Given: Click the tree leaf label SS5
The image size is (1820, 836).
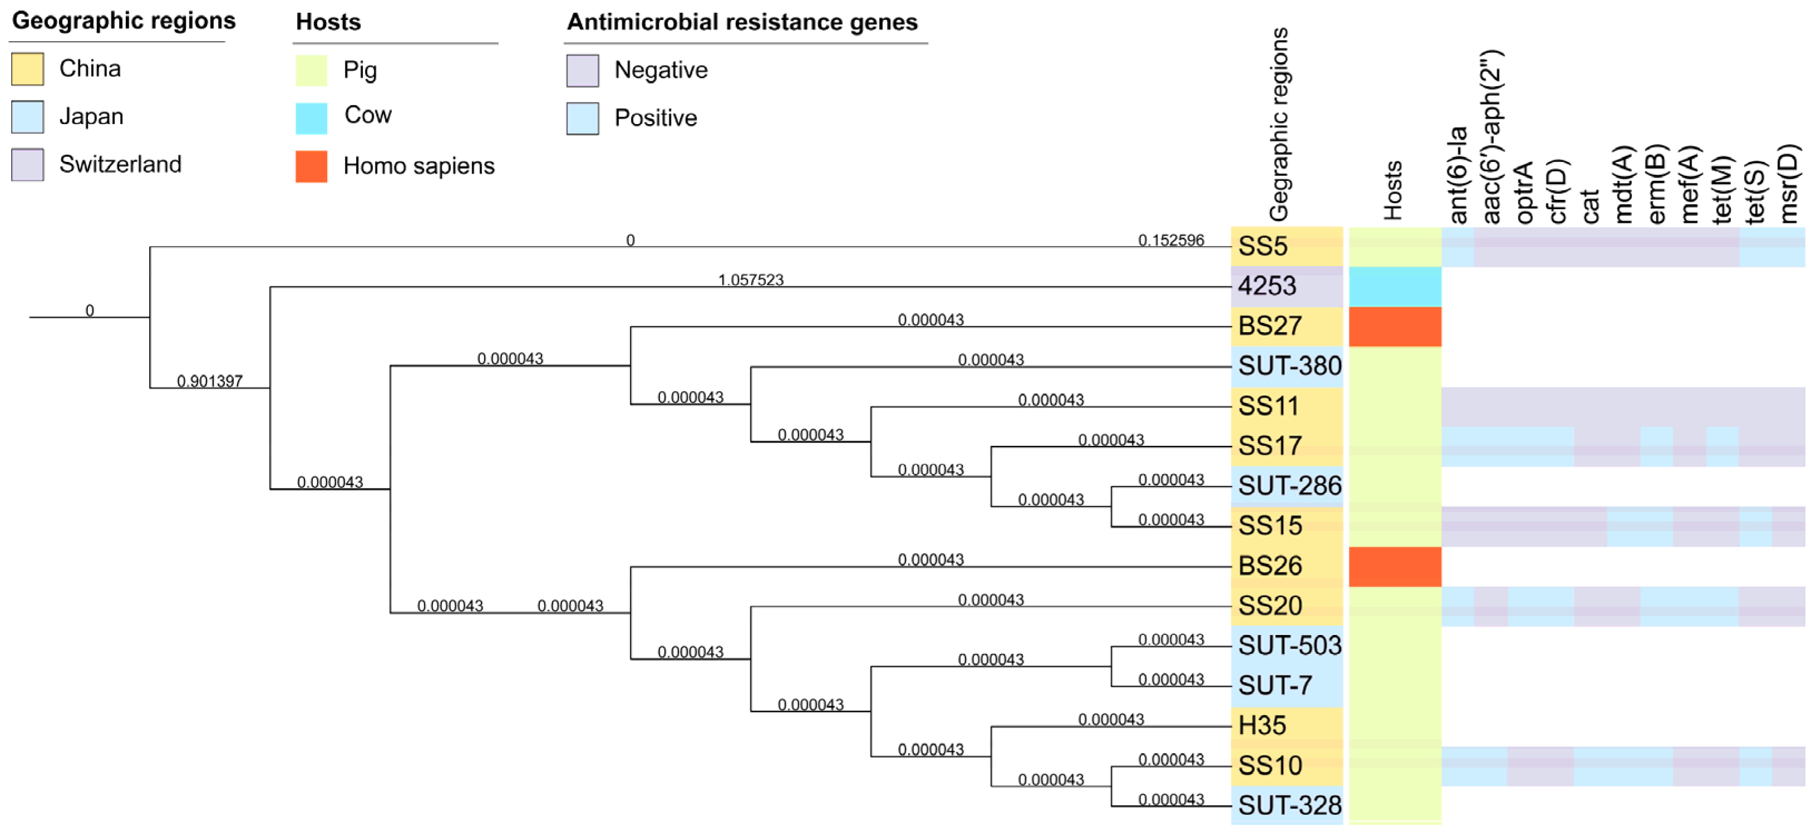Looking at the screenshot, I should click(x=1262, y=246).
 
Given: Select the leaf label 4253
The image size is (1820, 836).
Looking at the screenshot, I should click(x=1267, y=286).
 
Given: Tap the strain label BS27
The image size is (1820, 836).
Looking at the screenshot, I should click(x=1270, y=326).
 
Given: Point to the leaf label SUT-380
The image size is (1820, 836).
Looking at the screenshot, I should click(x=1289, y=366).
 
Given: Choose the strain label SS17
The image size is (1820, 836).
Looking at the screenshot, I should click(x=1270, y=446).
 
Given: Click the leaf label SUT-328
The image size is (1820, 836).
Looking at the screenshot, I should click(x=1289, y=805).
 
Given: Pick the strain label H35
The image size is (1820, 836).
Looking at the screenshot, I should click(x=1262, y=726).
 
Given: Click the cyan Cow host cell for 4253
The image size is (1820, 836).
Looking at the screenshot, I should click(x=1395, y=286).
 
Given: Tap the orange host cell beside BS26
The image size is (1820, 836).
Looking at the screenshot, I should click(x=1395, y=566).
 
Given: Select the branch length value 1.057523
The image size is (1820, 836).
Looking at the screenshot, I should click(x=751, y=280).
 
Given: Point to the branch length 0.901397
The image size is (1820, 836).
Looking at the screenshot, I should click(x=209, y=382).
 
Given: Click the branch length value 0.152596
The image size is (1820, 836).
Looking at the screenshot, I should click(x=1171, y=240).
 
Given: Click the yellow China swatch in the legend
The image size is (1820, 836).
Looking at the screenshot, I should click(x=28, y=69).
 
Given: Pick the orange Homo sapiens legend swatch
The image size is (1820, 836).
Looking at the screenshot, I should click(x=312, y=166).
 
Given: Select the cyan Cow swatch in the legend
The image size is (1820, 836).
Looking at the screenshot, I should click(x=312, y=118).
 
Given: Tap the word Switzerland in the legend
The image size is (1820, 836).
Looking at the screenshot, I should click(x=120, y=164).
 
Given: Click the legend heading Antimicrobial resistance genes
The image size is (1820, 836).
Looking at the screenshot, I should click(x=742, y=22).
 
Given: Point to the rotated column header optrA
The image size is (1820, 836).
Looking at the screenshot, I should click(x=1524, y=192).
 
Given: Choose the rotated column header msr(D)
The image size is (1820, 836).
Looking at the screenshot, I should click(x=1788, y=184).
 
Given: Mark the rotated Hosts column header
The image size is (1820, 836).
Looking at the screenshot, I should click(x=1393, y=191).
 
